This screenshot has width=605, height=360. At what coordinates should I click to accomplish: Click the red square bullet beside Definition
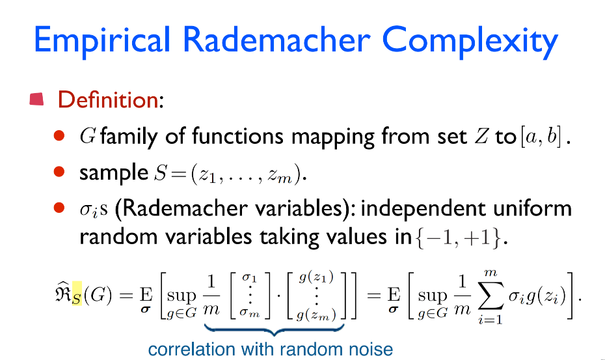[x=36, y=99]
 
